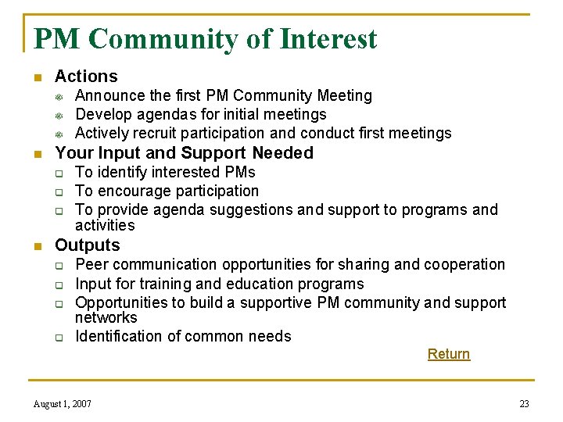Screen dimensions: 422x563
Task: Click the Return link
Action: (448, 354)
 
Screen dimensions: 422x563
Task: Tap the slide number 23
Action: (524, 404)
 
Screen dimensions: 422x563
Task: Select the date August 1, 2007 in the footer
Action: (63, 404)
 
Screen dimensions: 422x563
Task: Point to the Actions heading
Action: (86, 77)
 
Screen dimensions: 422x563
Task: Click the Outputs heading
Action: (88, 245)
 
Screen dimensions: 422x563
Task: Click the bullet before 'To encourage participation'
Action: (59, 191)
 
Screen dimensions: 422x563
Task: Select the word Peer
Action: (91, 264)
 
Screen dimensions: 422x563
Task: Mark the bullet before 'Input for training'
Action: (59, 284)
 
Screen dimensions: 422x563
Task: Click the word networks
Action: (106, 317)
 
